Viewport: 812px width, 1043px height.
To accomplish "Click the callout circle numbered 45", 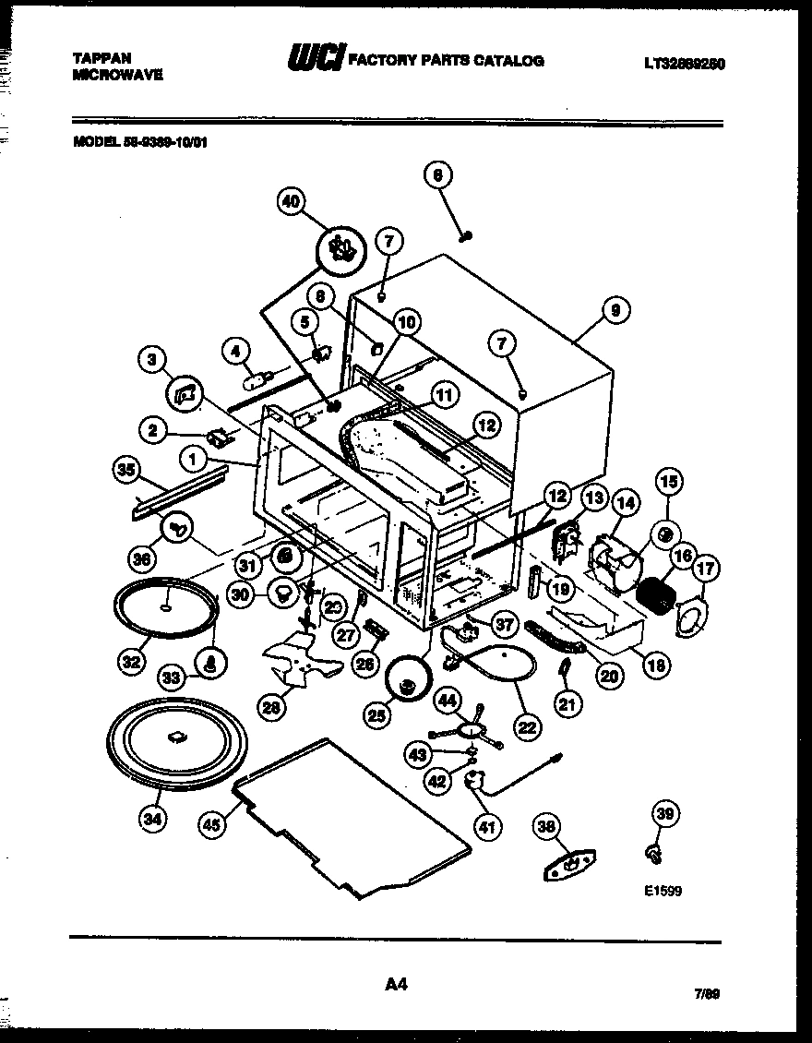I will pyautogui.click(x=213, y=827).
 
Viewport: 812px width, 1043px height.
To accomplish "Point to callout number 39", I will pyautogui.click(x=663, y=812).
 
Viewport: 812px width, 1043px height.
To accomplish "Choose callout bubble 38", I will pyautogui.click(x=549, y=828).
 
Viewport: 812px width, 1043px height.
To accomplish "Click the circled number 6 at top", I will pyautogui.click(x=439, y=174).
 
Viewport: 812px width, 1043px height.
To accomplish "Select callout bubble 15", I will pyautogui.click(x=669, y=481).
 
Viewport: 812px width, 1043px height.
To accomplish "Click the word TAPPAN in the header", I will pyautogui.click(x=101, y=57).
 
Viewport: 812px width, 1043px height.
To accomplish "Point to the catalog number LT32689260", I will pyautogui.click(x=684, y=64).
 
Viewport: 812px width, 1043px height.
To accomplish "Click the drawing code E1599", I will pyautogui.click(x=663, y=893).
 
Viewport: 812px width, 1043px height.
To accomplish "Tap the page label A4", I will pyautogui.click(x=396, y=985).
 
